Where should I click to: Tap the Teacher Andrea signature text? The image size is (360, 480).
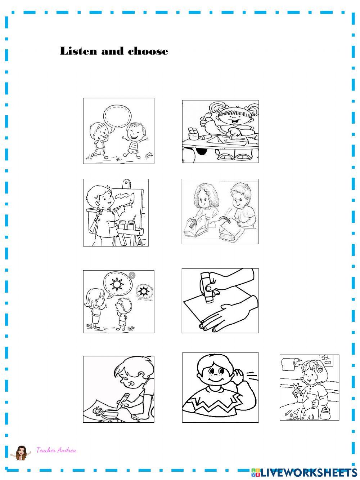click(56, 450)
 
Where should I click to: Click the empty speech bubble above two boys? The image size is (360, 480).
click(117, 115)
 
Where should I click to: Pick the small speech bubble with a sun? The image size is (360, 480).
click(144, 291)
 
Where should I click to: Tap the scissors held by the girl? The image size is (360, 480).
click(297, 390)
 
